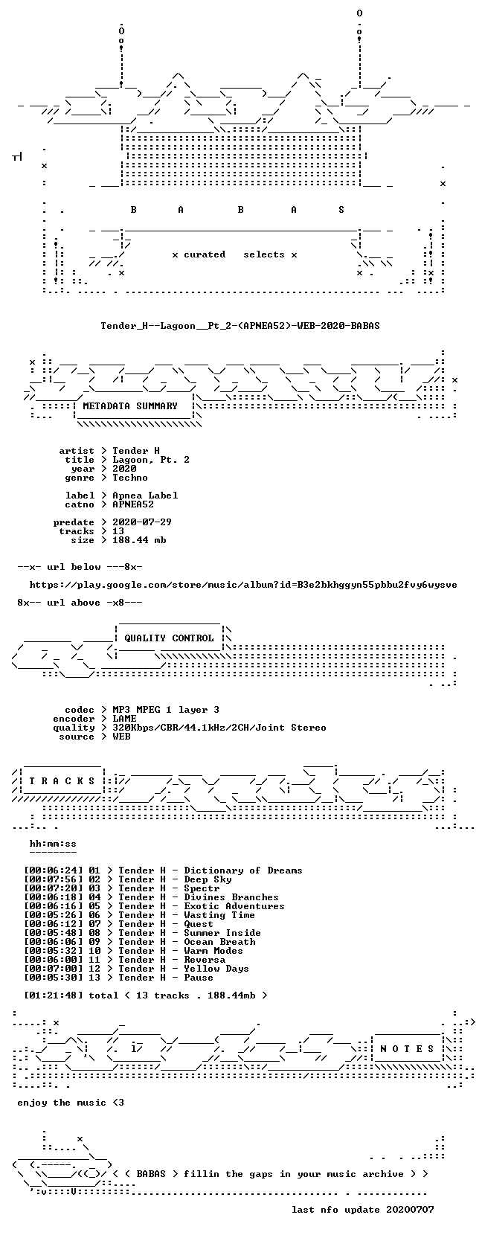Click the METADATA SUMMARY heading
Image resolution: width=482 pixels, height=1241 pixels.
pyautogui.click(x=130, y=406)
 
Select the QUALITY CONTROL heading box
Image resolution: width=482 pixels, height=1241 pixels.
pyautogui.click(x=169, y=638)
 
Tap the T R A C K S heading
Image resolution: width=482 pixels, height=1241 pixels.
pyautogui.click(x=62, y=781)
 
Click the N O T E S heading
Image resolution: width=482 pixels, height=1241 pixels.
pyautogui.click(x=407, y=1049)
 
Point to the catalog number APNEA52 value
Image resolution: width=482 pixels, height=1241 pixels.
pyautogui.click(x=133, y=504)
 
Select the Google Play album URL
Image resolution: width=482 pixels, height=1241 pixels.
pyautogui.click(x=243, y=585)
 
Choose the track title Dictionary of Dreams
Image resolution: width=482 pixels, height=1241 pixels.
pyautogui.click(x=243, y=870)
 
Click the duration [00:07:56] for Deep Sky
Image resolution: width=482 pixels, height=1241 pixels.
pyautogui.click(x=54, y=879)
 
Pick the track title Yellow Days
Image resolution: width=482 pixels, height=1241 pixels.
pyautogui.click(x=216, y=969)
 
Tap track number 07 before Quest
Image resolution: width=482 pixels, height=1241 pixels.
pyautogui.click(x=94, y=923)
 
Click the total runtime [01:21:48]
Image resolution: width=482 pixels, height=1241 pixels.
pyautogui.click(x=54, y=995)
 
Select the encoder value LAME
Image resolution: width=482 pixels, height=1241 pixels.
pyautogui.click(x=124, y=719)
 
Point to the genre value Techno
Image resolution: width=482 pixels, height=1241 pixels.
pyautogui.click(x=130, y=478)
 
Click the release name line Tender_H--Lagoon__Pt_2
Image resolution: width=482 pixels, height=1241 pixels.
pyautogui.click(x=240, y=326)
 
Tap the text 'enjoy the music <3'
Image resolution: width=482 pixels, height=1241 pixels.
pyautogui.click(x=71, y=1103)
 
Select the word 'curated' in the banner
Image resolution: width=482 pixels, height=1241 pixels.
pyautogui.click(x=205, y=254)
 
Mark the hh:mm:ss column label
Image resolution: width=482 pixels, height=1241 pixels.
pyautogui.click(x=54, y=844)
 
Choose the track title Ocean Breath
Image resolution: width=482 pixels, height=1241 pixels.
pyautogui.click(x=219, y=942)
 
